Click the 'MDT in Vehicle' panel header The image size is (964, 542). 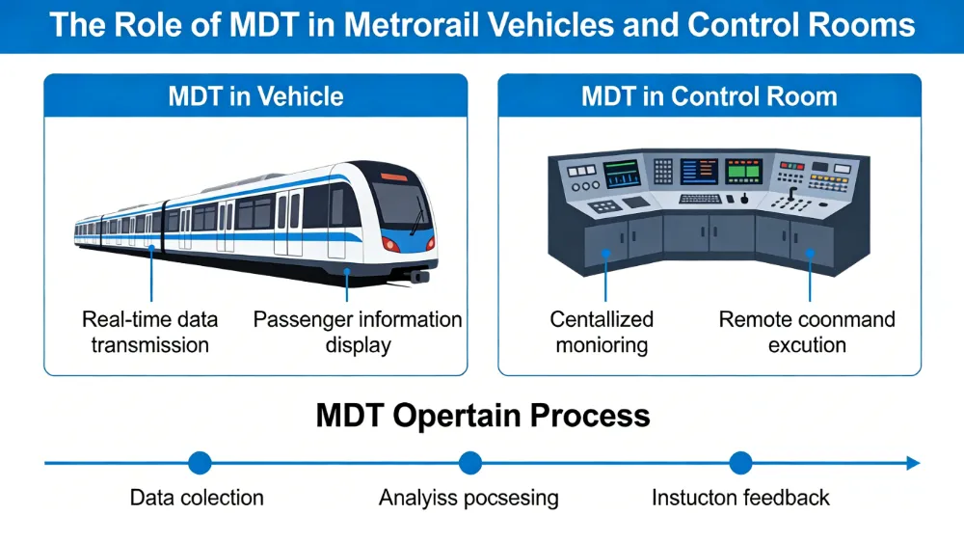coord(255,96)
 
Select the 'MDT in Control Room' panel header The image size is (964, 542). coord(710,96)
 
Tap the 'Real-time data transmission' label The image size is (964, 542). coord(149,331)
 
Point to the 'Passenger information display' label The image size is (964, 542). coord(358,331)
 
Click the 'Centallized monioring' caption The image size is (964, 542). coord(602,331)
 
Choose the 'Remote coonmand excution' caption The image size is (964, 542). coord(807,331)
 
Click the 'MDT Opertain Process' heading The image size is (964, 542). coord(483,416)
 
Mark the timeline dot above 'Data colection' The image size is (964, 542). coord(200,463)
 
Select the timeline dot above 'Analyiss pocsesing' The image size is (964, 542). coord(469,463)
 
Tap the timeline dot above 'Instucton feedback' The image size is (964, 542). coord(740,463)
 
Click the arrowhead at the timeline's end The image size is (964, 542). coord(912,463)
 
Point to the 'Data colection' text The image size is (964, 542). coord(197,498)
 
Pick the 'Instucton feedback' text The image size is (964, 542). coord(740,498)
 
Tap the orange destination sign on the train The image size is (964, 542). coord(393,177)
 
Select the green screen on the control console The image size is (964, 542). coord(742,172)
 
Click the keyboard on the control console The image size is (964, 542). coord(700,200)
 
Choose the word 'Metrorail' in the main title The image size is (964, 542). coord(438,24)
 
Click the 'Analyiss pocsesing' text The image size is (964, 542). coord(469,498)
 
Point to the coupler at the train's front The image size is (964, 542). coord(418,276)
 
